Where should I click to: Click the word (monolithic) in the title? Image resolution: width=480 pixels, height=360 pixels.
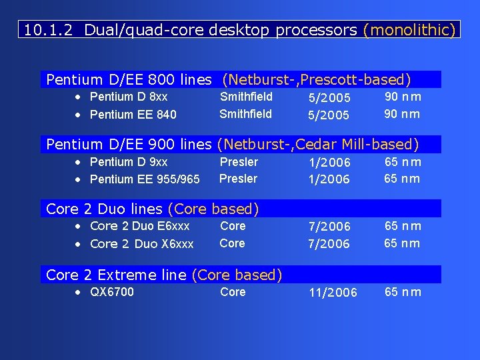pyautogui.click(x=409, y=30)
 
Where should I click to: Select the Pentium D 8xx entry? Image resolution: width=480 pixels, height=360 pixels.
pyautogui.click(x=129, y=97)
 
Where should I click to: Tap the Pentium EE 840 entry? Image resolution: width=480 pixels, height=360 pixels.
pyautogui.click(x=133, y=114)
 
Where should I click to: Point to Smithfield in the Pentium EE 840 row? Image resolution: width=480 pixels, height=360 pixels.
pyautogui.click(x=246, y=114)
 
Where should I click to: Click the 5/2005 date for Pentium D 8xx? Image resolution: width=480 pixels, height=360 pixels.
pyautogui.click(x=329, y=98)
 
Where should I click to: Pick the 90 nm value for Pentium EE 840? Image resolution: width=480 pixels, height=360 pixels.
pyautogui.click(x=403, y=114)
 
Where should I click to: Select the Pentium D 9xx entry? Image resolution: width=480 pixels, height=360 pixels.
pyautogui.click(x=129, y=162)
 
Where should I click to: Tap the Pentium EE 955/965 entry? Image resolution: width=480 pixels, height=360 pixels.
pyautogui.click(x=145, y=179)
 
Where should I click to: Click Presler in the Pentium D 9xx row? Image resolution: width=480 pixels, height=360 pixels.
pyautogui.click(x=239, y=162)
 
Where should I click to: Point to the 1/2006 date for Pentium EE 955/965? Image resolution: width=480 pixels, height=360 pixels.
pyautogui.click(x=329, y=179)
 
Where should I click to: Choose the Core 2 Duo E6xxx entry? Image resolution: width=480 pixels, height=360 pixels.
pyautogui.click(x=139, y=226)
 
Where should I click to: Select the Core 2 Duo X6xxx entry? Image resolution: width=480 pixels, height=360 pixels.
pyautogui.click(x=141, y=244)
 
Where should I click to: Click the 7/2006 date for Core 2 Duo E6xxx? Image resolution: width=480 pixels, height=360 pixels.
pyautogui.click(x=329, y=227)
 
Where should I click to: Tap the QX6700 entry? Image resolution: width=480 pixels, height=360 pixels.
pyautogui.click(x=112, y=292)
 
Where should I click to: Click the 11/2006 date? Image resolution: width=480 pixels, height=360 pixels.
pyautogui.click(x=333, y=293)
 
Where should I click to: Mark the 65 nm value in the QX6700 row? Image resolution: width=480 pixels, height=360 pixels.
pyautogui.click(x=403, y=292)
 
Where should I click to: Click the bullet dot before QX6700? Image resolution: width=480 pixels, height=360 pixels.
pyautogui.click(x=78, y=292)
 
